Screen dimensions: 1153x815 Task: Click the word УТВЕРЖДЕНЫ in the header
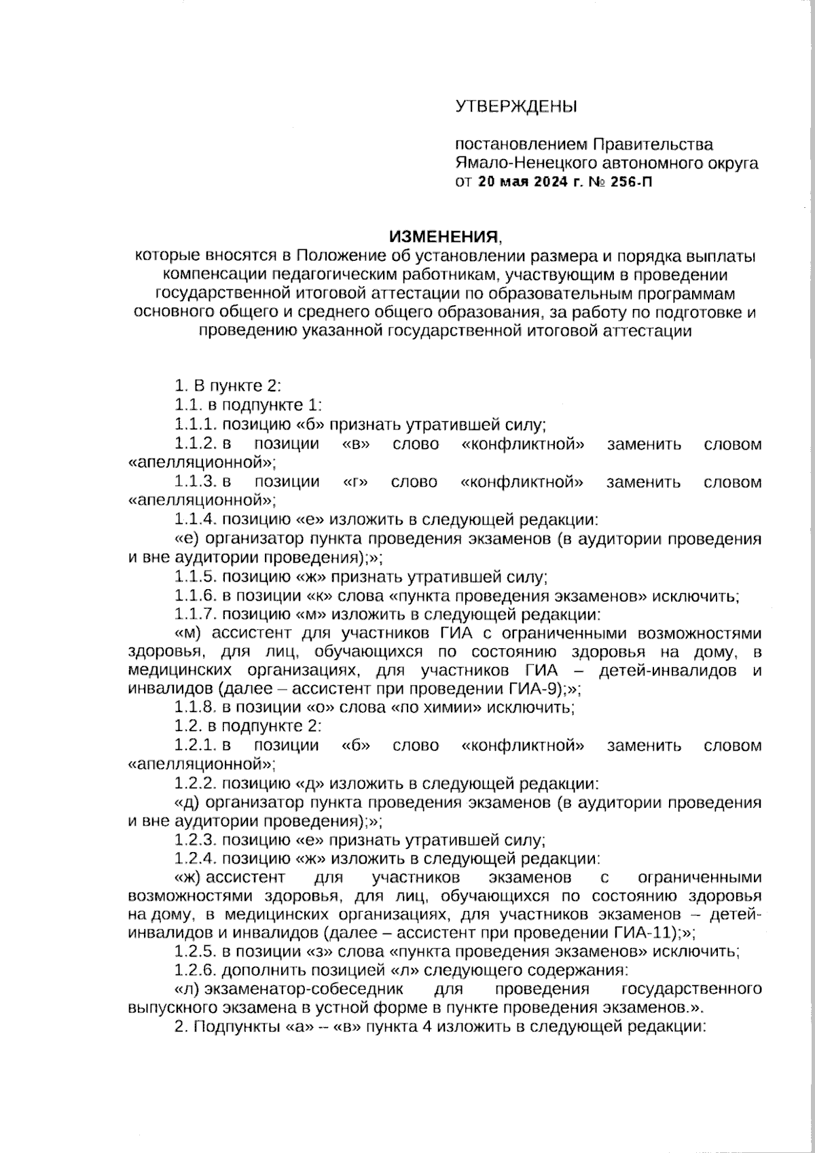[x=515, y=107]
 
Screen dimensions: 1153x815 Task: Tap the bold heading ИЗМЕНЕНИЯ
[x=443, y=237]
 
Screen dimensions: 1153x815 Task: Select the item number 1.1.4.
[x=196, y=520]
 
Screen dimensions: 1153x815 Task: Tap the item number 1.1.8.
[x=196, y=708]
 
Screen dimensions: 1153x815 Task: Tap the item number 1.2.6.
[x=196, y=970]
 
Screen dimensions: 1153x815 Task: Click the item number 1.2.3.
[x=196, y=838]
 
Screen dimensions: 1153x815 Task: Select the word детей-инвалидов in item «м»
[x=668, y=671]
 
